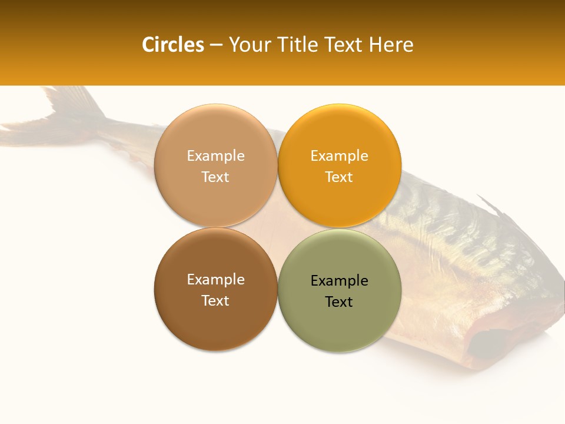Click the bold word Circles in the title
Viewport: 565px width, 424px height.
[173, 45]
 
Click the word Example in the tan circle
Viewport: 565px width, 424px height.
[215, 156]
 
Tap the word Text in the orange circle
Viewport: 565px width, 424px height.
[339, 177]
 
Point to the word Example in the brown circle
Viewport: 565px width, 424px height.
[215, 280]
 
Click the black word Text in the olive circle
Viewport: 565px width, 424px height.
[339, 302]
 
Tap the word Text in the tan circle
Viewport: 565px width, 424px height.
[215, 177]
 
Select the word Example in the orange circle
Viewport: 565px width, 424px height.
[339, 156]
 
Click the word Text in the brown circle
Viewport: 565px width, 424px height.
[215, 301]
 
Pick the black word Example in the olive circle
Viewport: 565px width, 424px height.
[339, 281]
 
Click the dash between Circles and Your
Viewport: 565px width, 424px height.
[216, 45]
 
